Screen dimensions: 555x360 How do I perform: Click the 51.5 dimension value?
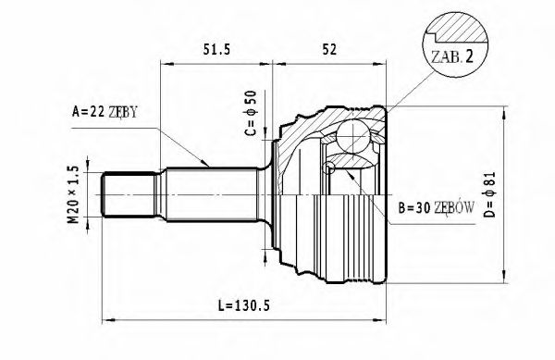point(216,50)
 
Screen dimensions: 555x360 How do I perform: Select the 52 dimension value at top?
point(329,50)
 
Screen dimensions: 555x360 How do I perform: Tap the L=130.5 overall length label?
point(244,305)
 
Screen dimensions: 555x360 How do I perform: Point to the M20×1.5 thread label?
point(73,194)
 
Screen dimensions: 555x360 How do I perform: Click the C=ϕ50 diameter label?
point(251,113)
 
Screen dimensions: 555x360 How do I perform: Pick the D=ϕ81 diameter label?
point(490,194)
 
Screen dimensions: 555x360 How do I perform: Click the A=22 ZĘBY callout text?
point(105,112)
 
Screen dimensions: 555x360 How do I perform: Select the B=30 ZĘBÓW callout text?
point(436,207)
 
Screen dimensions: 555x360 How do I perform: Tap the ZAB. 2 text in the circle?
point(452,57)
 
